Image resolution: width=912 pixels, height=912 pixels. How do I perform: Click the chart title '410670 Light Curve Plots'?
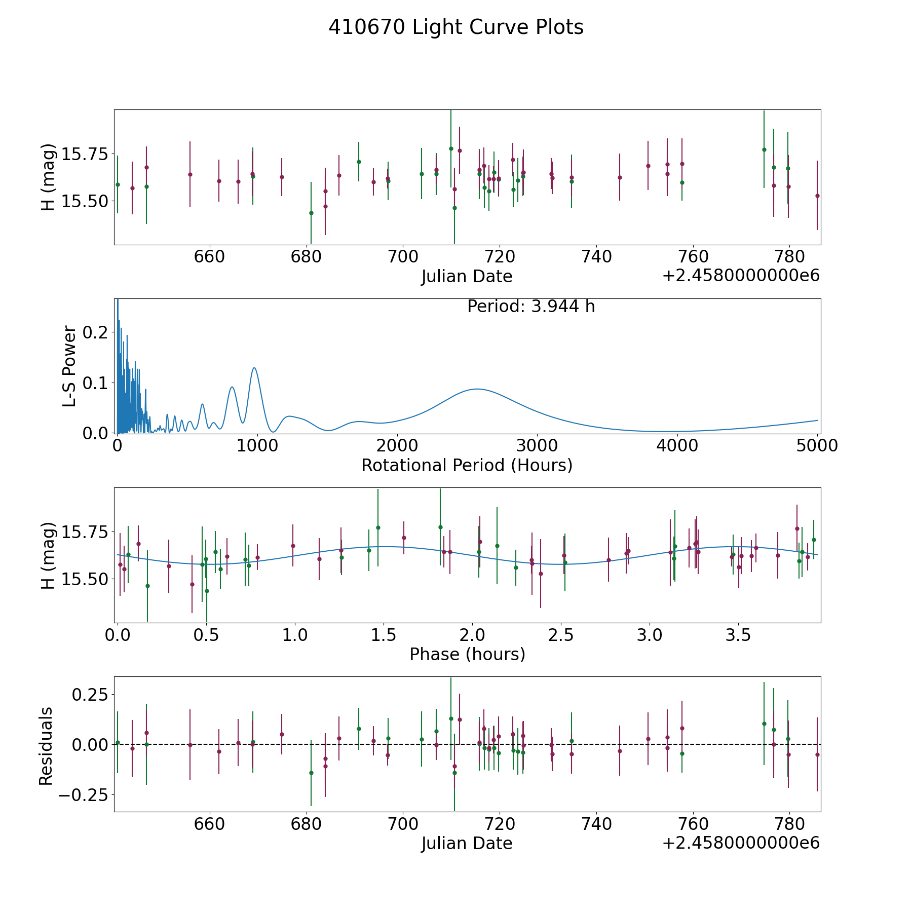456,27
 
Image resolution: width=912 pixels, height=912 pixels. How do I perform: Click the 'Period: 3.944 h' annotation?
531,307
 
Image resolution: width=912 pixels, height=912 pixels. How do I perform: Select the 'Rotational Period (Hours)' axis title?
467,465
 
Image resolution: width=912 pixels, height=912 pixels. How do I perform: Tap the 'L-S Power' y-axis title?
69,366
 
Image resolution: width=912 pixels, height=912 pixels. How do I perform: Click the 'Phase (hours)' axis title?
467,654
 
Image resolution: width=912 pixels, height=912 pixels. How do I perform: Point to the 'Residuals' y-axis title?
46,746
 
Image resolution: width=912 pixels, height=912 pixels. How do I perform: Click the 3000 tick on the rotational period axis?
537,445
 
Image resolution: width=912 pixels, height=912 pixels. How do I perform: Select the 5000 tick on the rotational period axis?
817,445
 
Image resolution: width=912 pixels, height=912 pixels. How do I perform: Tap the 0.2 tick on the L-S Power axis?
95,332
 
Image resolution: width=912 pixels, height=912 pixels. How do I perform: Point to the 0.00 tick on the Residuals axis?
90,744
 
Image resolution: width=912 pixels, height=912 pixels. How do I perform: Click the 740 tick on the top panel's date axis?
596,257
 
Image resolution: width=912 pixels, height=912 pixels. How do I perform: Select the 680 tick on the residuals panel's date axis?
307,824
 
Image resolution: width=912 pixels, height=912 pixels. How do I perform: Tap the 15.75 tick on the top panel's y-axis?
85,154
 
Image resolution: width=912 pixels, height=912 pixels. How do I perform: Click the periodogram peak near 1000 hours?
254,368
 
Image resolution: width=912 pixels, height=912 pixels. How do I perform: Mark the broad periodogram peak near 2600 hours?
477,389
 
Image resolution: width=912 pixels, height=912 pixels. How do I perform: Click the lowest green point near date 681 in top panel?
311,213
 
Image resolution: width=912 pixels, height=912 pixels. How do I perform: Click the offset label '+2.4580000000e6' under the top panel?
741,275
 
